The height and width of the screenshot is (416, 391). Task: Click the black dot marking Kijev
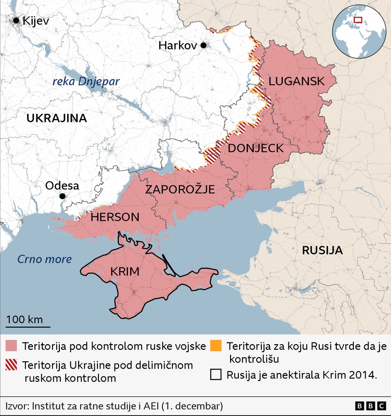click(x=17, y=20)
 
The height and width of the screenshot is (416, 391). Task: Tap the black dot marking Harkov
click(x=203, y=45)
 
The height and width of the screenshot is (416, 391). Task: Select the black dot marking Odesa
click(x=62, y=196)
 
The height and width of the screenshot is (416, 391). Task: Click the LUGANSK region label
click(x=296, y=81)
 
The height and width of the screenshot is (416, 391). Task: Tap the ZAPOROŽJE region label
click(x=180, y=189)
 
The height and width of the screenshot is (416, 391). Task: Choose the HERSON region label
click(x=115, y=217)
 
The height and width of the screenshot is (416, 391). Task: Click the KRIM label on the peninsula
click(x=125, y=272)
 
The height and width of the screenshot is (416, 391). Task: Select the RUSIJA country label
click(x=322, y=251)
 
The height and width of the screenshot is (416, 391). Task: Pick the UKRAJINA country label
click(x=57, y=118)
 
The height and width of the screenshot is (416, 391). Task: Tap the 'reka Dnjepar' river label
click(x=86, y=81)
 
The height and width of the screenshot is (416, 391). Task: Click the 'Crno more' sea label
click(x=45, y=259)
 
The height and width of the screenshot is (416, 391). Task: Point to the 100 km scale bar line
click(x=28, y=327)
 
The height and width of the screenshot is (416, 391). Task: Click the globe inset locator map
click(x=359, y=33)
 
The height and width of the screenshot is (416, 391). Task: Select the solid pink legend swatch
click(x=11, y=346)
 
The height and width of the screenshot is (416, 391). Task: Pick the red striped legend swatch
click(x=11, y=364)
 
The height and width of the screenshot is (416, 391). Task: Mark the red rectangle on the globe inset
click(x=357, y=20)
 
